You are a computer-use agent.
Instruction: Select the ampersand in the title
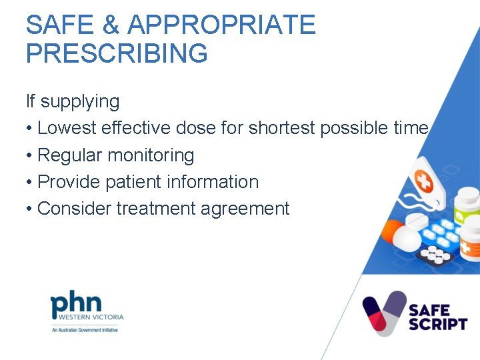click(110, 25)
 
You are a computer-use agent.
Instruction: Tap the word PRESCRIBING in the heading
click(117, 53)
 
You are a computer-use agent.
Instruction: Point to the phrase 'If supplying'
click(73, 102)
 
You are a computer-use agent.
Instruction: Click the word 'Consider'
click(75, 209)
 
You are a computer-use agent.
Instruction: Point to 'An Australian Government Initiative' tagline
click(84, 330)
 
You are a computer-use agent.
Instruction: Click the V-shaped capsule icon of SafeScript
click(384, 313)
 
